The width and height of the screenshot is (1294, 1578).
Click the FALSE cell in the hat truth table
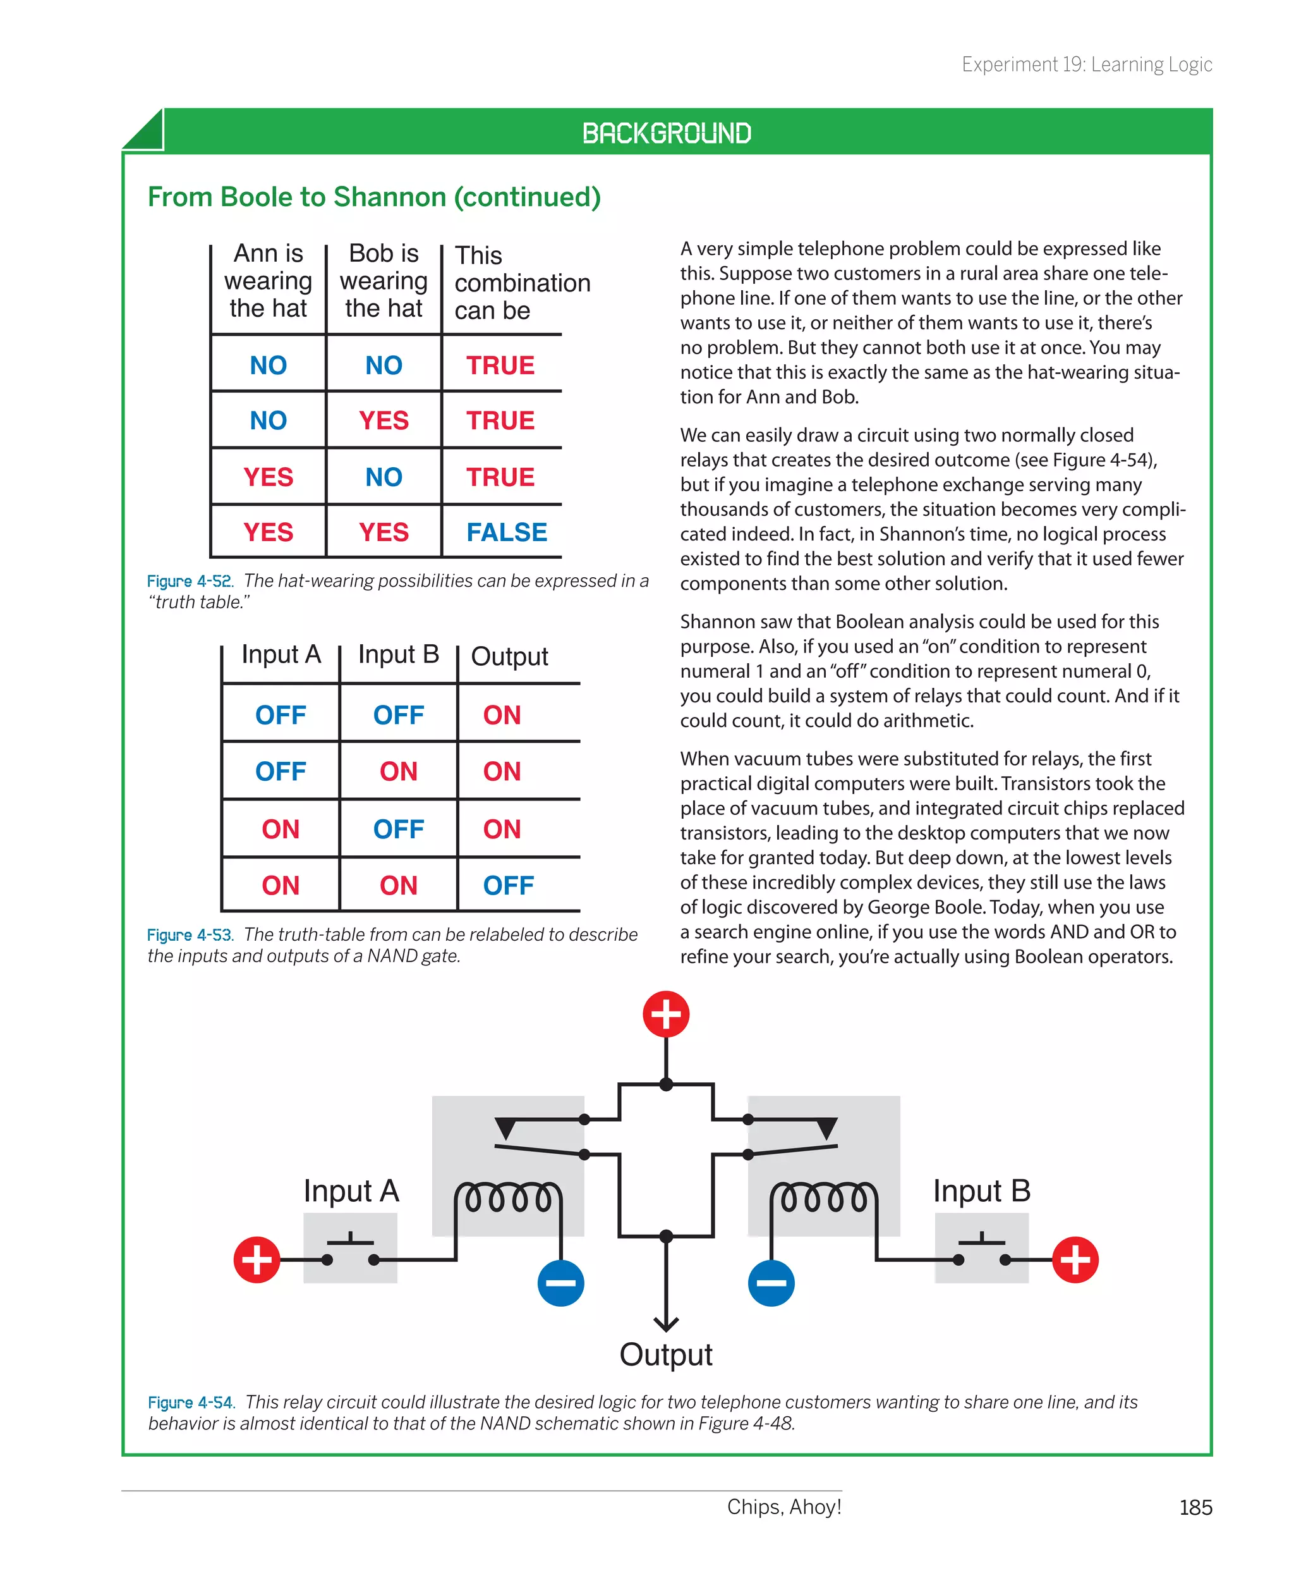(506, 532)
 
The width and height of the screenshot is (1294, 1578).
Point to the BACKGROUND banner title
(667, 133)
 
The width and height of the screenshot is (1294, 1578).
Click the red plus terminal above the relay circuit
(665, 1014)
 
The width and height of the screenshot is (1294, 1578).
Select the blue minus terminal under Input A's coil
(560, 1283)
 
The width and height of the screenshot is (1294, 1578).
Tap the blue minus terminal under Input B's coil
(771, 1283)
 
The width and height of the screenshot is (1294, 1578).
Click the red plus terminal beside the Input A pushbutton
(257, 1259)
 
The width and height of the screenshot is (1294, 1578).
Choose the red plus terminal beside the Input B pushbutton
(1075, 1259)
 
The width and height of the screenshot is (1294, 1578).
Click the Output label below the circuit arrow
(665, 1355)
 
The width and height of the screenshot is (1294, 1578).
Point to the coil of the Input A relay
(509, 1199)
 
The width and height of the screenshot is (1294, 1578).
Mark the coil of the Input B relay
(824, 1199)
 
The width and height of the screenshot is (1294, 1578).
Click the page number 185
(1195, 1507)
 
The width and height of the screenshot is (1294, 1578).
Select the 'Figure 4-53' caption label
(190, 935)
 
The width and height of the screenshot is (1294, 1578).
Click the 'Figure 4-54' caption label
(191, 1403)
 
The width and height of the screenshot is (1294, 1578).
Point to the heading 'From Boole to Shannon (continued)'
(374, 197)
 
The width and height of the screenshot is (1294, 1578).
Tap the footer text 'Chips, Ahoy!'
(784, 1507)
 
